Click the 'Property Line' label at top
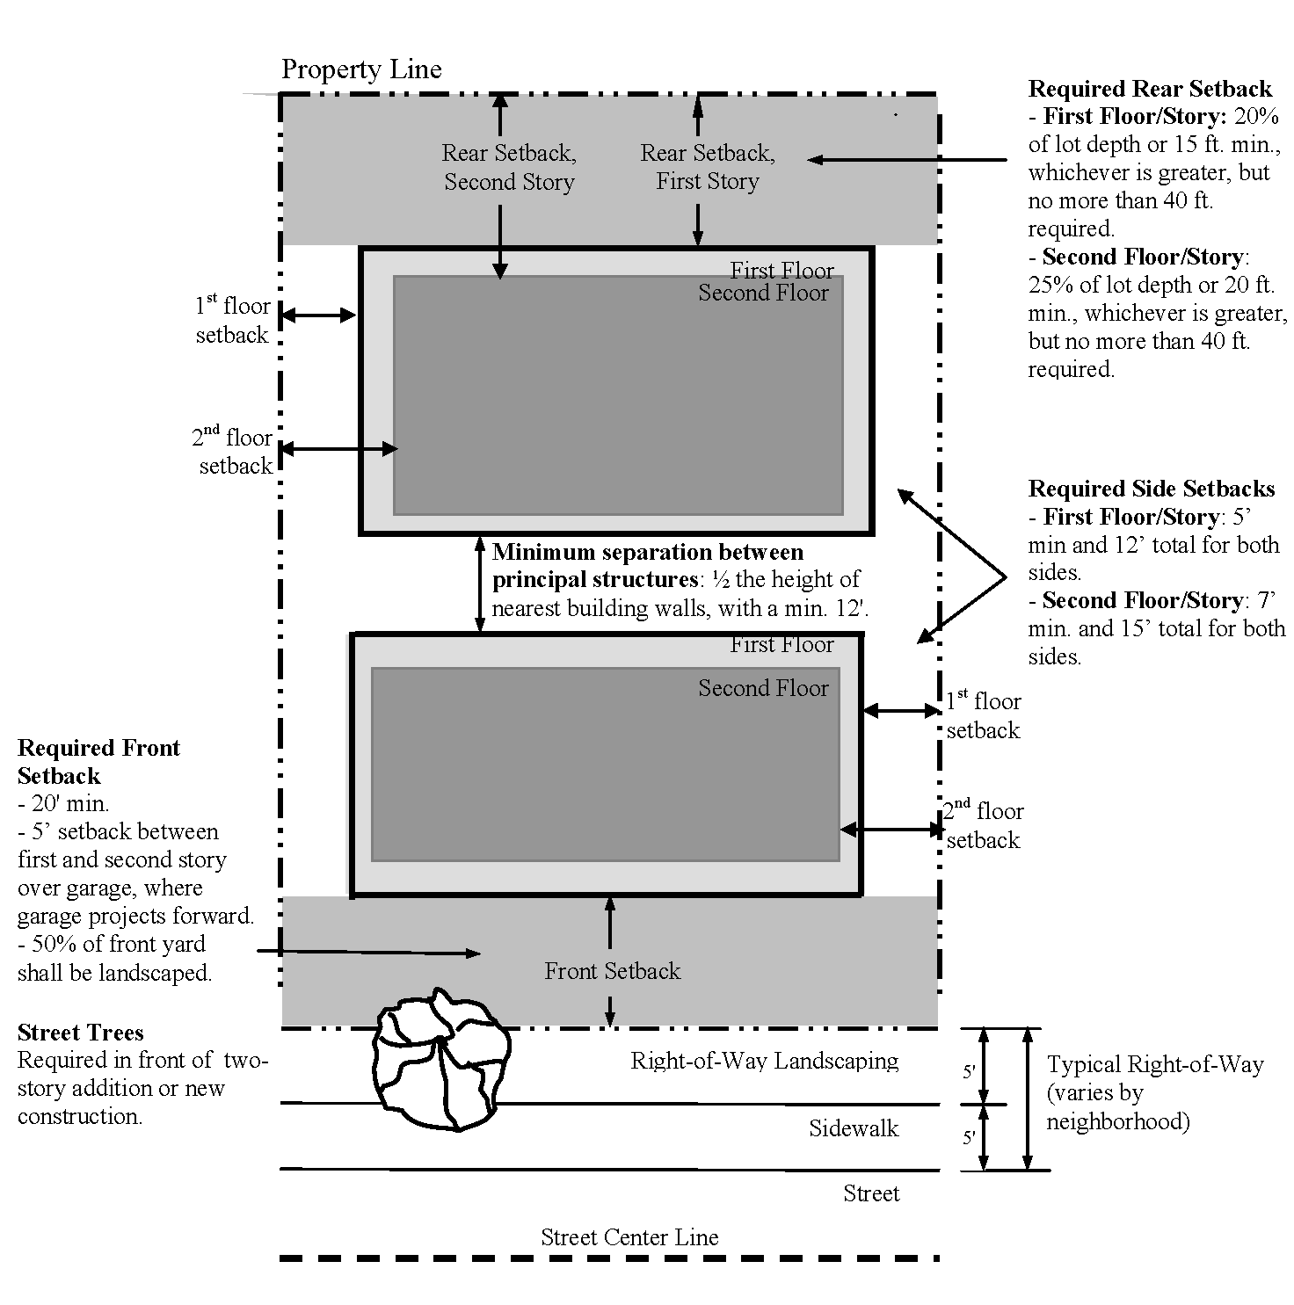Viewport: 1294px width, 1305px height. [361, 70]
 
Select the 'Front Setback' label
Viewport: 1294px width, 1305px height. [612, 971]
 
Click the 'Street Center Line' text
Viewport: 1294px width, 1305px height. [629, 1238]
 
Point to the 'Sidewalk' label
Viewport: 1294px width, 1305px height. [854, 1128]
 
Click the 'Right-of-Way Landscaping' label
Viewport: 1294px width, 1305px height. [764, 1061]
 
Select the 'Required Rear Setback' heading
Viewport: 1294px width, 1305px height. [1150, 89]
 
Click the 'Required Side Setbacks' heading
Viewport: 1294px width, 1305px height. [1152, 489]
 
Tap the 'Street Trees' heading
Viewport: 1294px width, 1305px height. [80, 1033]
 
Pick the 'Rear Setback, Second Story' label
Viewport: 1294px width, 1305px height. [509, 167]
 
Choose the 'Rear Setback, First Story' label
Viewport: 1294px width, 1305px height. [708, 167]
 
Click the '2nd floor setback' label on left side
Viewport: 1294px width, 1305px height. [235, 452]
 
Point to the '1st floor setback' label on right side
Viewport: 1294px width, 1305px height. [984, 715]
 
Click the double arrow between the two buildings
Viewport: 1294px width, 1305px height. [480, 584]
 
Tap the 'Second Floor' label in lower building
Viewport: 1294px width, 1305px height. [763, 688]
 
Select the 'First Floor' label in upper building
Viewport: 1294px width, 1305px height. [781, 271]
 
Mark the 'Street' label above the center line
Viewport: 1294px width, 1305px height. [871, 1193]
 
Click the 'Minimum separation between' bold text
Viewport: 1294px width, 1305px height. [648, 552]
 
